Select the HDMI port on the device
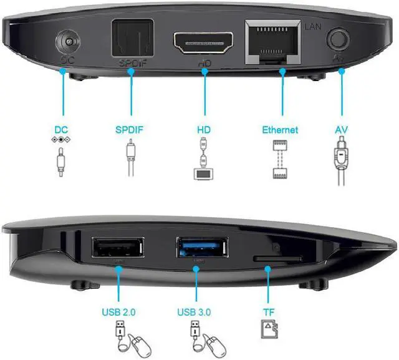click(203, 42)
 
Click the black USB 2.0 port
click(117, 248)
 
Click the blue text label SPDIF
click(130, 130)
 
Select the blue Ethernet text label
click(280, 130)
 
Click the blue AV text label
click(341, 130)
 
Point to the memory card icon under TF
click(267, 329)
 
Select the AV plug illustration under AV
click(341, 160)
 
